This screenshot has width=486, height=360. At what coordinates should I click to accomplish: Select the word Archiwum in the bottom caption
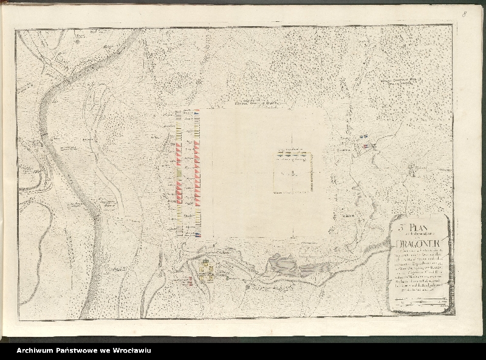coord(36,350)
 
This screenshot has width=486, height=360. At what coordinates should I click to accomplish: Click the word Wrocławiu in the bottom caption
coord(129,350)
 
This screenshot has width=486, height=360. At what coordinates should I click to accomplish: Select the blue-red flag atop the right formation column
coord(196,111)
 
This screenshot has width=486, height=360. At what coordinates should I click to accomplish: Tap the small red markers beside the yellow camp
coord(190,282)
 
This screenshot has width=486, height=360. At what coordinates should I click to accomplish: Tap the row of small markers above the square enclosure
coord(290,154)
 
